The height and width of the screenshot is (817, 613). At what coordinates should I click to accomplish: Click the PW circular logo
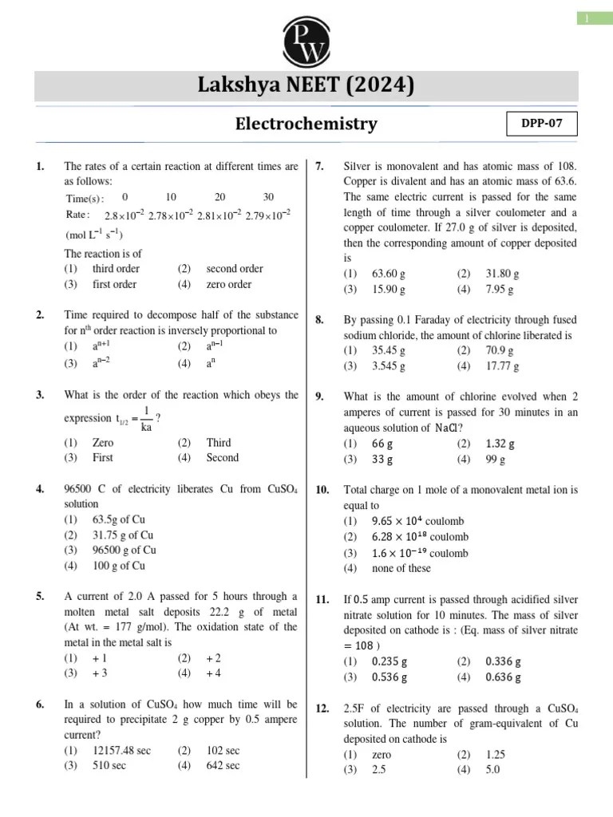coord(306,40)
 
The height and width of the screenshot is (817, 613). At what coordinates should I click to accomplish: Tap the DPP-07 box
coord(542,124)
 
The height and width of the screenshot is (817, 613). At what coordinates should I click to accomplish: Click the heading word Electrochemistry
coord(306,124)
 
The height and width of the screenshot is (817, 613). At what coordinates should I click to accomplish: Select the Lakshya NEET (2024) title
coord(306,85)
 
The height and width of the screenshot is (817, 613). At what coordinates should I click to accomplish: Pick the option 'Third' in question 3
coord(218,442)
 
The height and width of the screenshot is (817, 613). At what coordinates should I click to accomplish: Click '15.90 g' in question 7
coord(389,289)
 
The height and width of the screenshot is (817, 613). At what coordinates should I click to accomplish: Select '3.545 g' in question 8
coord(389,366)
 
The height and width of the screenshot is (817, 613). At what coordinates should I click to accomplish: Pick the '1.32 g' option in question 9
coord(500,444)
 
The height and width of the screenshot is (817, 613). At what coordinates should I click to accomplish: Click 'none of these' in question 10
coord(401,568)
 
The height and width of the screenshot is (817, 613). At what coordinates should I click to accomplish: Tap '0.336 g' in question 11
coord(503,661)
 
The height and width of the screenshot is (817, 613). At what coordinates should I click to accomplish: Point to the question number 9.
coord(319,397)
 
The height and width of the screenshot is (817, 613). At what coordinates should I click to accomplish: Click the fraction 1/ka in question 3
coord(146,419)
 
